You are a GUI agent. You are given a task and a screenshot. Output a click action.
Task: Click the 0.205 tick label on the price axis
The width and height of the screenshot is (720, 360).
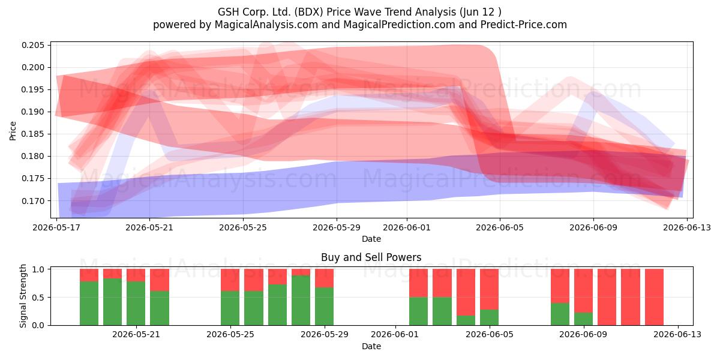coord(32,46)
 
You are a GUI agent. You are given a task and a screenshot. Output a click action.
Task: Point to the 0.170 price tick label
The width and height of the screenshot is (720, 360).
coord(32,201)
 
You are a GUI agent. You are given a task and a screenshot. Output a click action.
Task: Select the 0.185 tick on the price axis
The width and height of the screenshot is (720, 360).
coord(32,134)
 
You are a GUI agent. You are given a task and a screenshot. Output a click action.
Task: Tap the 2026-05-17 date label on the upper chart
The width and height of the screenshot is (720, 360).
coord(56,227)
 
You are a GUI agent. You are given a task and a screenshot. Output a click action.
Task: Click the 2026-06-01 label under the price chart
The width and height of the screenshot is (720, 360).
coord(407,227)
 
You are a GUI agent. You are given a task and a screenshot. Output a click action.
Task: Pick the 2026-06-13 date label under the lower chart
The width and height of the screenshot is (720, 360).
coord(677,334)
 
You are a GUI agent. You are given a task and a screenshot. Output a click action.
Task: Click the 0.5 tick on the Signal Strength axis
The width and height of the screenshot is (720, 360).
coord(38,298)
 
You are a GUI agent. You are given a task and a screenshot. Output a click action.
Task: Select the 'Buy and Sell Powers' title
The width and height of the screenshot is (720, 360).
coord(371,257)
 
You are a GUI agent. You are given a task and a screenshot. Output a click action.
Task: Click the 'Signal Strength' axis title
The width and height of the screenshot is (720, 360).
coord(23,296)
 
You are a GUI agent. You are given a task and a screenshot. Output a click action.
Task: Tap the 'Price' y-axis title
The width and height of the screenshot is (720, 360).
coord(13,131)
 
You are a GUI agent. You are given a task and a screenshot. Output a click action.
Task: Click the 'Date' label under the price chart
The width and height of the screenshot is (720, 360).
coord(371,239)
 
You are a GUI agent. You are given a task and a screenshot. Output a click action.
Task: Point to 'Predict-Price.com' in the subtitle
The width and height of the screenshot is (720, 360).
coord(524,25)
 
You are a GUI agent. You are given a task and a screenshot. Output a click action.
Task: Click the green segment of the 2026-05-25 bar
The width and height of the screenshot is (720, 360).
coord(230,308)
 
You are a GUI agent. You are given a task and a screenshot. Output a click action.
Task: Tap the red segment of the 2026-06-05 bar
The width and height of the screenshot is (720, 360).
coord(489,289)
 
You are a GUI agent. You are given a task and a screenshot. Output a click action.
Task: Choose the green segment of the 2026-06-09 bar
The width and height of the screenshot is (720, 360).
coord(583,319)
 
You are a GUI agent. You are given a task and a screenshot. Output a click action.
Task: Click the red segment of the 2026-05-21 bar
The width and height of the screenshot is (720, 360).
coord(136,275)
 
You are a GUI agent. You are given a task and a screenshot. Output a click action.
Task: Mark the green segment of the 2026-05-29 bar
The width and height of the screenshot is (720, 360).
coord(325,307)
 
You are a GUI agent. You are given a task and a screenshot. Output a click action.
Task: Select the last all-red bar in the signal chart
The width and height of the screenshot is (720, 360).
coord(654,297)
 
